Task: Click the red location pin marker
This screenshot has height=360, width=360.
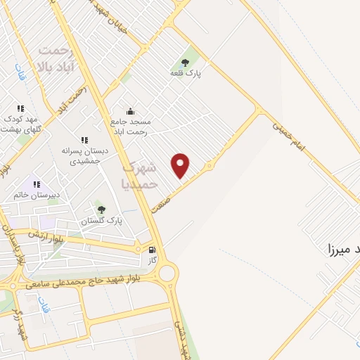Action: click(x=181, y=165)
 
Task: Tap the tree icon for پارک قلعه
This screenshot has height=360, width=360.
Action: click(x=186, y=63)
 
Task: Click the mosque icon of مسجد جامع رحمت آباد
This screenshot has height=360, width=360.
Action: click(x=130, y=111)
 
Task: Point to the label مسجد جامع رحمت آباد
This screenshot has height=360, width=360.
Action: click(x=130, y=126)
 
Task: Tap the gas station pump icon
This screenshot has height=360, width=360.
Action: click(x=151, y=249)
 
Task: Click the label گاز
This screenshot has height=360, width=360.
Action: click(x=151, y=259)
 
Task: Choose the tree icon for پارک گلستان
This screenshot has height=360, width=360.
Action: click(x=101, y=210)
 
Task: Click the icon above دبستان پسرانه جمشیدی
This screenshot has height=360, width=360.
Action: click(x=84, y=141)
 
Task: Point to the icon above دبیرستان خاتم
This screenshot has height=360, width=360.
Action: click(x=37, y=184)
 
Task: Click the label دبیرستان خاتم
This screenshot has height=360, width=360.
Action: click(x=34, y=195)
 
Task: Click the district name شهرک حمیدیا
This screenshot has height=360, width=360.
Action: click(x=141, y=176)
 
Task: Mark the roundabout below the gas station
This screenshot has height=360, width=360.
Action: click(x=167, y=272)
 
